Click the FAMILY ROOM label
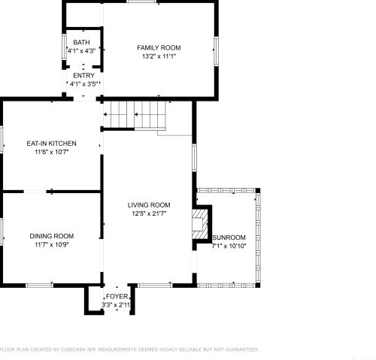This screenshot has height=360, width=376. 159,47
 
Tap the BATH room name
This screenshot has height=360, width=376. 81,42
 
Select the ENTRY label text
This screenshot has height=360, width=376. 83,75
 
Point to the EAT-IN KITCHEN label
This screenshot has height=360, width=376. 51,144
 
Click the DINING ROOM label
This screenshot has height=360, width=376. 52,236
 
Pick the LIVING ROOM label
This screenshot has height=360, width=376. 149,205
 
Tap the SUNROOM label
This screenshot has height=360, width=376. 229,237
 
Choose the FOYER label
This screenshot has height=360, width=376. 117,296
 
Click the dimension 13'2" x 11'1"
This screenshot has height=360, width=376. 159,56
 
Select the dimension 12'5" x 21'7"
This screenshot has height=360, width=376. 149,213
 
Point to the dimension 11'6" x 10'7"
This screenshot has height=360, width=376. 52,152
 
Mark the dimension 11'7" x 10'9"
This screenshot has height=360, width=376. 52,244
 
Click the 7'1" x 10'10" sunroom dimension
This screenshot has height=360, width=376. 229,246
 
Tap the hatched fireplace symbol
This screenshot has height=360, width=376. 200,224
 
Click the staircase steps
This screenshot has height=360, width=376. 135,114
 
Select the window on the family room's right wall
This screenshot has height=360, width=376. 216,51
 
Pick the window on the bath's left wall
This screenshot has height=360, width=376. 64,47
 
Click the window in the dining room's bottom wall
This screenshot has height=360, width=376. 40,285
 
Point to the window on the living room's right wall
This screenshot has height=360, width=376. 194,158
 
